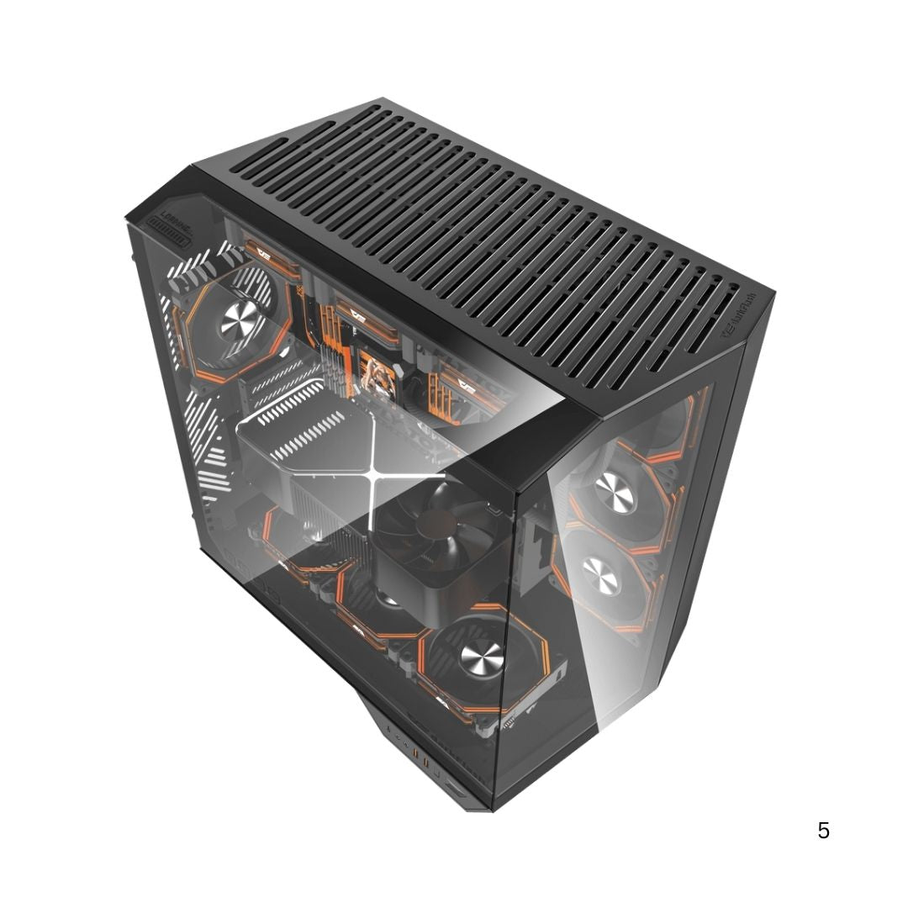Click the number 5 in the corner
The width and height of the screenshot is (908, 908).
(x=823, y=831)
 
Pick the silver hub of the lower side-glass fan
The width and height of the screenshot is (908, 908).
(x=602, y=578)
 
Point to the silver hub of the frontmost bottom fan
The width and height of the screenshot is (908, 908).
(x=476, y=653)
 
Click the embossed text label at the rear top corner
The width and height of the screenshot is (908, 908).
(x=172, y=216)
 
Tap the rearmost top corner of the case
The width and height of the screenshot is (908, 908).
(x=383, y=99)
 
